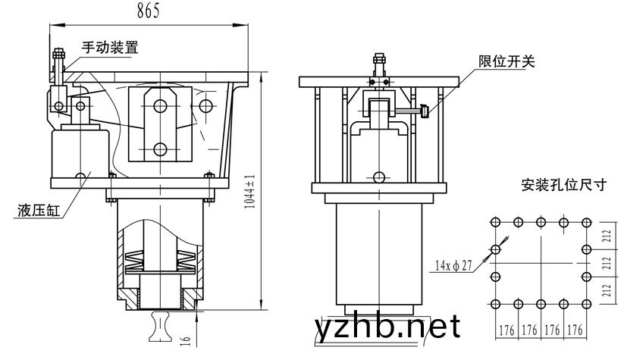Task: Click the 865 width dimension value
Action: [149, 11]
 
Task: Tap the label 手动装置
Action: [110, 47]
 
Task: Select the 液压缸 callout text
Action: [39, 210]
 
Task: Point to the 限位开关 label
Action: [506, 61]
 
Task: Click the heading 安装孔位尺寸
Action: [564, 185]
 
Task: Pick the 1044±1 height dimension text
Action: [249, 192]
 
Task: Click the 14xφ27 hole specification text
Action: [453, 265]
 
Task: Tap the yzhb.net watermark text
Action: [387, 327]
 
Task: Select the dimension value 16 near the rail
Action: [186, 340]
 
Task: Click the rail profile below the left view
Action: [160, 327]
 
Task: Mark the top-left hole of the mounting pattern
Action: [495, 222]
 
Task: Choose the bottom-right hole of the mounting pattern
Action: [587, 304]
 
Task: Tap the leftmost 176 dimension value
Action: [506, 330]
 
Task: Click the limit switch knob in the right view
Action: [425, 111]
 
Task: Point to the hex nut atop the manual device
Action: [59, 53]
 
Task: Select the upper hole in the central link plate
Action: [160, 106]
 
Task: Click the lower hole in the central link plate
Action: [160, 149]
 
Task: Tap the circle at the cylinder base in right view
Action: [378, 177]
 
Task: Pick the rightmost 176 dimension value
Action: [575, 330]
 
